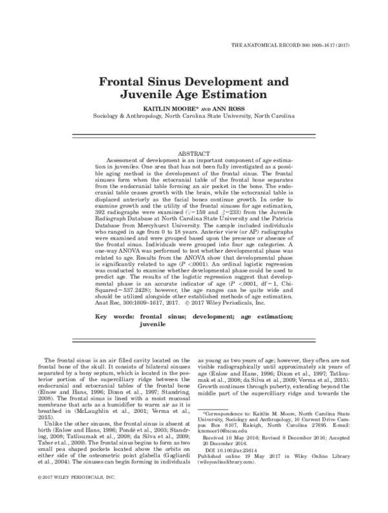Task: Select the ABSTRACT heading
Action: click(194, 152)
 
